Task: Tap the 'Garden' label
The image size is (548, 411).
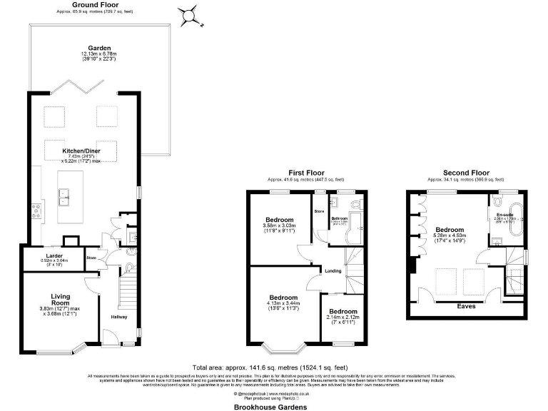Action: coord(99,49)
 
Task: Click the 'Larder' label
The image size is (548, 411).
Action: coord(54,255)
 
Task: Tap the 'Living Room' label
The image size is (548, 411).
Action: coord(61,300)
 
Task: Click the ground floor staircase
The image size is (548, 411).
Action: coord(126,293)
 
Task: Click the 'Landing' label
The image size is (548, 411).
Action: coord(333,270)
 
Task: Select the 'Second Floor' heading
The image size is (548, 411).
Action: coord(466,173)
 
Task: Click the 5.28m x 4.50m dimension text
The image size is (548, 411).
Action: coord(450,237)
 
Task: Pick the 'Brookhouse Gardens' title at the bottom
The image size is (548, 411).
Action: coord(270,406)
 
